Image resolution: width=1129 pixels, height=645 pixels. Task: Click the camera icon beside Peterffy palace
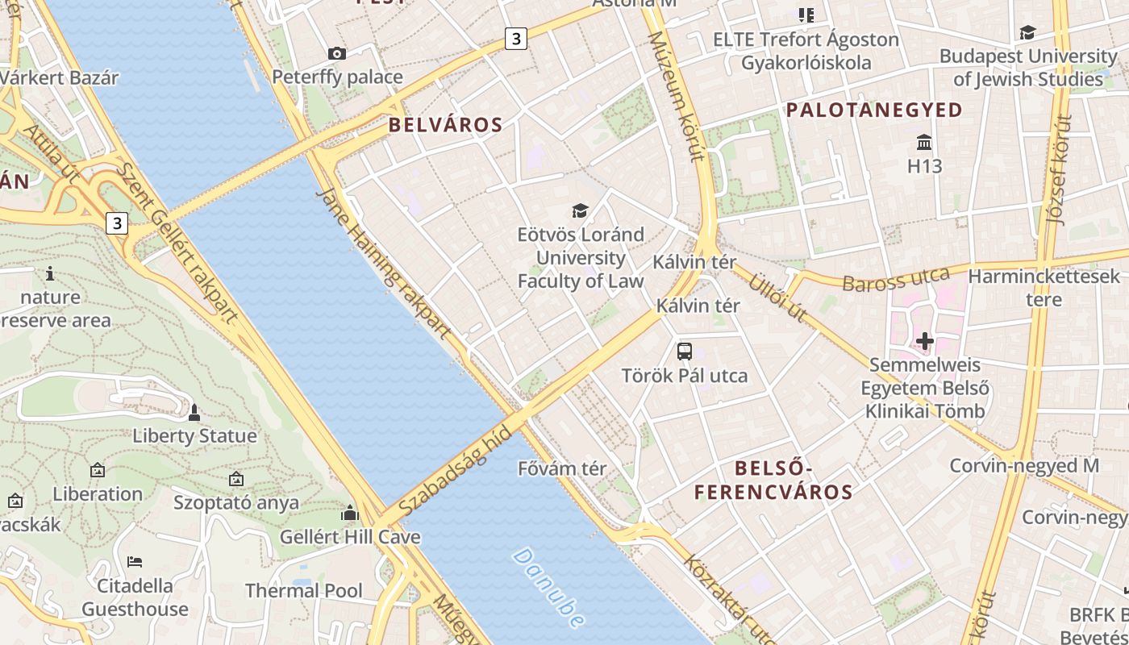[x=337, y=54]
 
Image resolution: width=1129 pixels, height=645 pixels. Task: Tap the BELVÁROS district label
[x=445, y=125]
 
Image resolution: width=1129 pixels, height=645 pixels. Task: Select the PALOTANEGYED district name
[x=874, y=110]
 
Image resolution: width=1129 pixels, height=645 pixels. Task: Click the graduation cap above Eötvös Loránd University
[x=580, y=211]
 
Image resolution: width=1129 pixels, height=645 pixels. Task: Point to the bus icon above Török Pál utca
[x=684, y=351]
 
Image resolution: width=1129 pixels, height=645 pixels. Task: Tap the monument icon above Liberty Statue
[x=194, y=414]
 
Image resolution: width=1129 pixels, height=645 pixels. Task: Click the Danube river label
[x=548, y=588]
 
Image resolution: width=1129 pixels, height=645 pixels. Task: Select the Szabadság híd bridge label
[x=456, y=470]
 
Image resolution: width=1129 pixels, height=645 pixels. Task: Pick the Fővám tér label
[x=562, y=468]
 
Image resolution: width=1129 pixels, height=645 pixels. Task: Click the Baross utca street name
[x=896, y=280]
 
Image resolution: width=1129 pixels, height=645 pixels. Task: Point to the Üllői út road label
[x=777, y=298]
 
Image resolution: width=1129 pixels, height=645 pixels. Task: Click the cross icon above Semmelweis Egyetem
[x=924, y=342]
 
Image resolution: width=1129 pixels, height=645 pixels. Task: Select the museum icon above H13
[x=924, y=144]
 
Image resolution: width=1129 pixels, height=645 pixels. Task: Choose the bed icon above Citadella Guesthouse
[x=135, y=561]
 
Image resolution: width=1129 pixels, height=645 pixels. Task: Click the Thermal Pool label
[x=304, y=590]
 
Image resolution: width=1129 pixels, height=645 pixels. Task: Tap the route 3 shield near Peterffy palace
[x=516, y=38]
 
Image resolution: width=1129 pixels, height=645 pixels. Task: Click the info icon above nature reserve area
[x=50, y=274]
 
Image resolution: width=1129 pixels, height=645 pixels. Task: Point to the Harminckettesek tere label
[x=1044, y=288]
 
